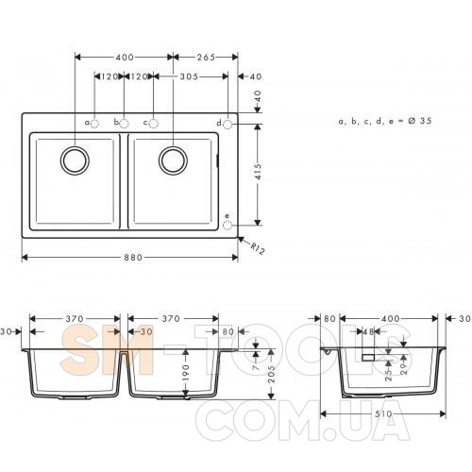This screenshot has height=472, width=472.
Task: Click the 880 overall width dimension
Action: (133, 258)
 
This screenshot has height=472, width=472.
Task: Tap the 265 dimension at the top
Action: (206, 58)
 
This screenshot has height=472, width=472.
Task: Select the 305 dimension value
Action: (189, 76)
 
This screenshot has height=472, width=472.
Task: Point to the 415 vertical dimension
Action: (258, 172)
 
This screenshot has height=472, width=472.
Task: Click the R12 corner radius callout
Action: (258, 248)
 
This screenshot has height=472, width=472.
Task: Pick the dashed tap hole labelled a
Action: (94, 124)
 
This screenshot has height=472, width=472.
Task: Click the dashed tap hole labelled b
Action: (125, 124)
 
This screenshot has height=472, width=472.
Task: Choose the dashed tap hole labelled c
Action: (153, 124)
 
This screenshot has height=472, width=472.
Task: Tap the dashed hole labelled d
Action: (228, 125)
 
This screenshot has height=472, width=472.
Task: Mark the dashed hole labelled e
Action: (228, 226)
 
